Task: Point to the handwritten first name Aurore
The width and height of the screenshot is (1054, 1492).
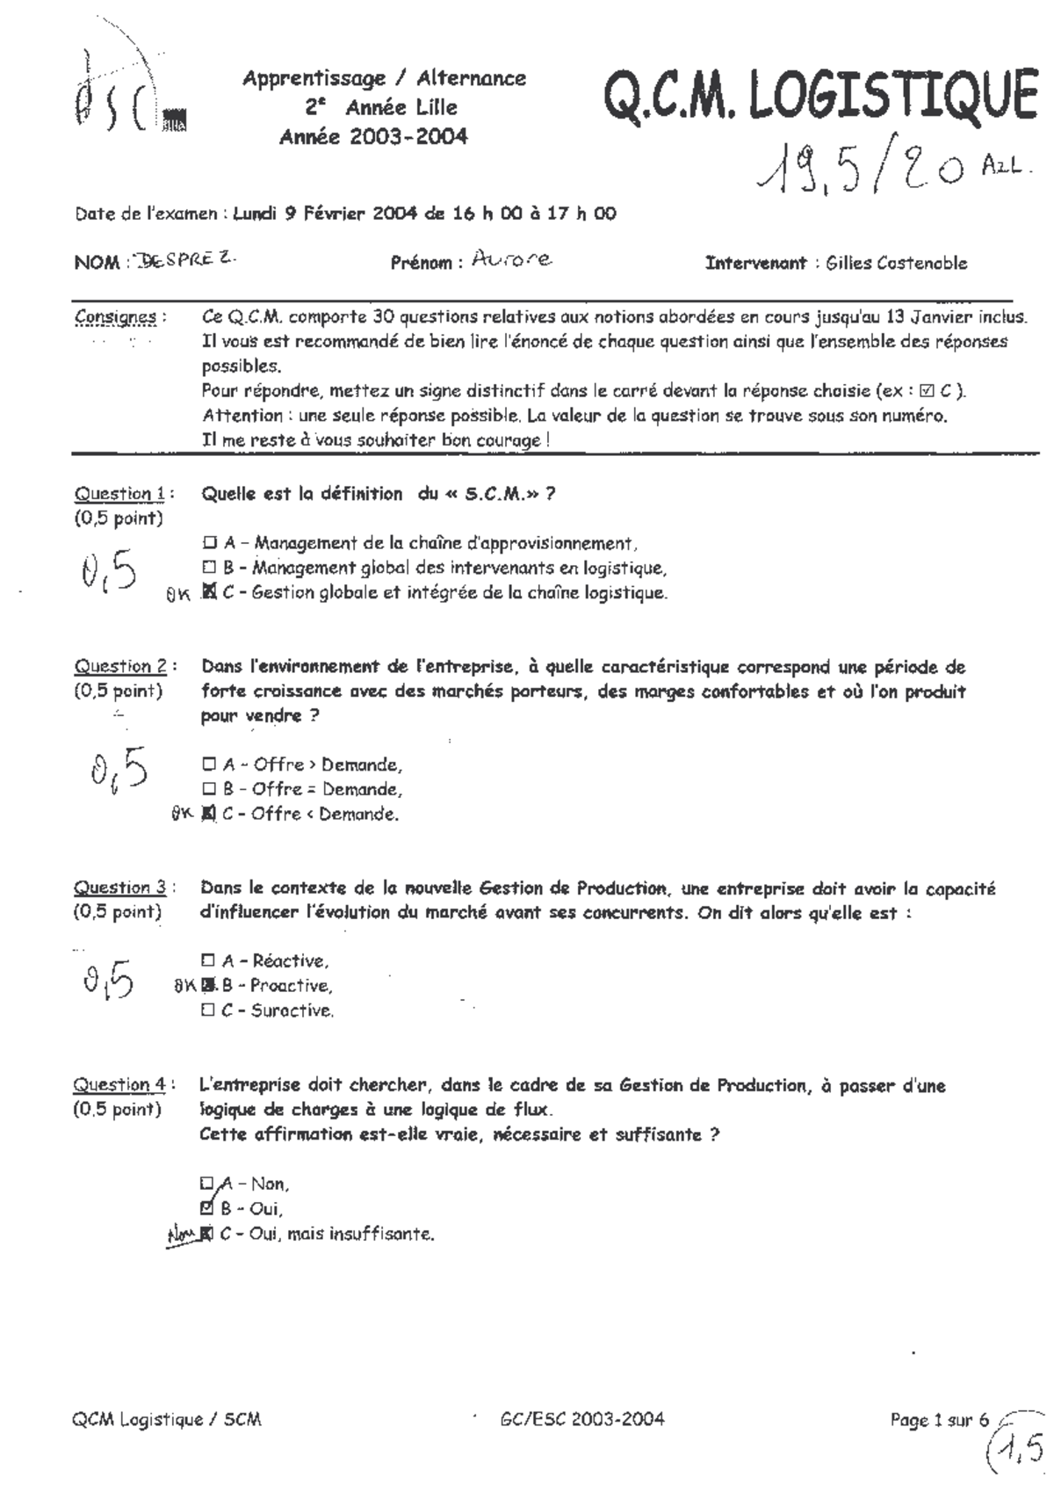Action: [x=512, y=258]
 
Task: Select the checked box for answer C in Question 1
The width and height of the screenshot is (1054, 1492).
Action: [x=209, y=592]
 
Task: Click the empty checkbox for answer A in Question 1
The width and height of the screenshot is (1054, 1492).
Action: [x=209, y=543]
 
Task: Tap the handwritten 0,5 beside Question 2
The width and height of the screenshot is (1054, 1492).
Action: [x=119, y=771]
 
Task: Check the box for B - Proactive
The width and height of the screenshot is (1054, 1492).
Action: [x=209, y=985]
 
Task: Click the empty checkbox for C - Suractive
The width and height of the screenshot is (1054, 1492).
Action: [x=208, y=1010]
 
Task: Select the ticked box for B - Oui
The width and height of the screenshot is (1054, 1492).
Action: [x=207, y=1207]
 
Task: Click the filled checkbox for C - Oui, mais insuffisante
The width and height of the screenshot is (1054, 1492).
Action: [x=207, y=1233]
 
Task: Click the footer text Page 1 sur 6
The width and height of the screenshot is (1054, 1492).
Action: [x=939, y=1419]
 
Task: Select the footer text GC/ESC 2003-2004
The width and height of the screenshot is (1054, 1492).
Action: [x=581, y=1418]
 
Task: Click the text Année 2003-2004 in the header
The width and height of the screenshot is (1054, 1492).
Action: [x=373, y=136]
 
